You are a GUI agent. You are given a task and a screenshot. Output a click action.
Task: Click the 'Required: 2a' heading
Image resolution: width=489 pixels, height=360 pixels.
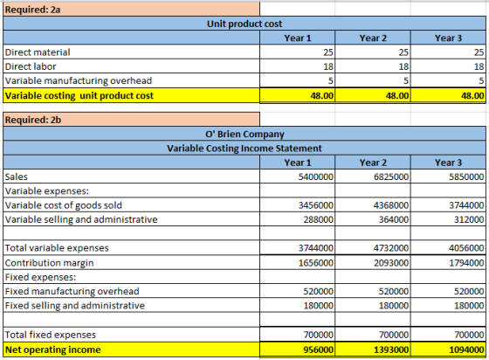(x=33, y=10)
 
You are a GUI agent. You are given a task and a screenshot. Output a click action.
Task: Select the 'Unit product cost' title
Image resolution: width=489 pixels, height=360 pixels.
(x=244, y=24)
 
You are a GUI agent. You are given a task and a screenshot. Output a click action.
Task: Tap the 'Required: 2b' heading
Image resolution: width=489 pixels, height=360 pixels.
(x=33, y=120)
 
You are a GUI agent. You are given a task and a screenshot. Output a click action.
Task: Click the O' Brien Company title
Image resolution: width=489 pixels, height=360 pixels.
(x=244, y=135)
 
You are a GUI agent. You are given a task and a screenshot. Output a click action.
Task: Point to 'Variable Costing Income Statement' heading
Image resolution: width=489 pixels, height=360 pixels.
(x=244, y=149)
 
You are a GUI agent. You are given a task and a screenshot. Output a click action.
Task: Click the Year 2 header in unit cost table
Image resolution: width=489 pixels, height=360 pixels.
(x=373, y=38)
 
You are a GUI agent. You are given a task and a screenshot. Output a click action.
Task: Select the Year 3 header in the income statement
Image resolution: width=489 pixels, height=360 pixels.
(x=449, y=163)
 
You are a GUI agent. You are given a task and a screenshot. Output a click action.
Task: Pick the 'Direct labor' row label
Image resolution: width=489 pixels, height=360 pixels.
(x=31, y=66)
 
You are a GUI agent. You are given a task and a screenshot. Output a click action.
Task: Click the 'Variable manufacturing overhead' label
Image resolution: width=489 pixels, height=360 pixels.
(x=79, y=80)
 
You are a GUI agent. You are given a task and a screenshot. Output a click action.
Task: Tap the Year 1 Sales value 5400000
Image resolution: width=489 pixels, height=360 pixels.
(x=315, y=177)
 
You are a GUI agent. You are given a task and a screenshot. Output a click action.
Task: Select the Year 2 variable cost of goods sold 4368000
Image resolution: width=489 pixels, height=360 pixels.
(x=391, y=205)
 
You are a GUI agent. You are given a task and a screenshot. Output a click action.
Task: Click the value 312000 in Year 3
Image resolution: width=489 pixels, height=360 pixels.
(x=469, y=219)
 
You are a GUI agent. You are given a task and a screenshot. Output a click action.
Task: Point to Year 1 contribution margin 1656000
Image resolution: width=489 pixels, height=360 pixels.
(x=315, y=263)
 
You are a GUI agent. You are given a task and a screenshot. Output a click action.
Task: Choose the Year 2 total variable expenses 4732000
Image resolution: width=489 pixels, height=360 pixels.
(x=391, y=248)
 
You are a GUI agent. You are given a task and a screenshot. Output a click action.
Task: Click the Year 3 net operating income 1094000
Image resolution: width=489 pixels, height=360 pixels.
(x=466, y=350)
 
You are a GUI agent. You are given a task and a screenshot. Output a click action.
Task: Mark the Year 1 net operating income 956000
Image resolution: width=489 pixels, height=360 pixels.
(x=319, y=350)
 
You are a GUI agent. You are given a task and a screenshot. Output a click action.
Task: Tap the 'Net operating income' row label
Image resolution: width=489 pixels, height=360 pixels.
(x=53, y=350)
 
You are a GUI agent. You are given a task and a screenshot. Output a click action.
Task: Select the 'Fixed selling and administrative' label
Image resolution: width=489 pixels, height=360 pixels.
(x=75, y=306)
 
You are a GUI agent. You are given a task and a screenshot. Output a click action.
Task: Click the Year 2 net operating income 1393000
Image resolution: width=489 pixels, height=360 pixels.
(x=391, y=350)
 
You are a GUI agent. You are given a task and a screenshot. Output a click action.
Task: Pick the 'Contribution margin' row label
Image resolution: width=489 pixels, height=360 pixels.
(x=49, y=263)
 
